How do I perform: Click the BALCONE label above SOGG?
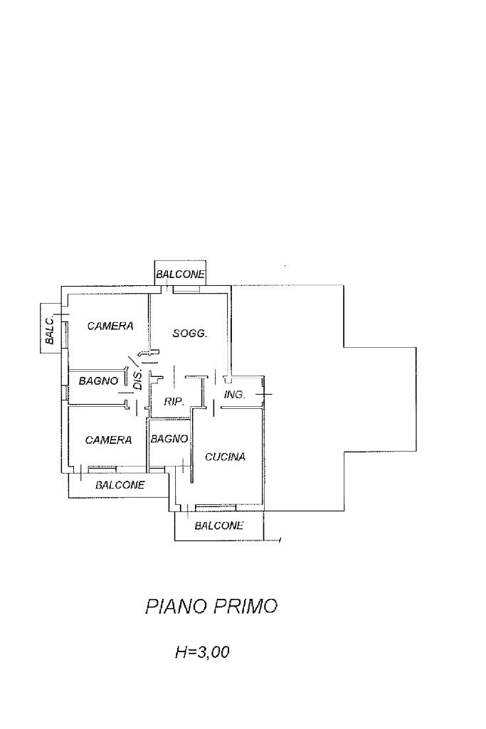point(181,274)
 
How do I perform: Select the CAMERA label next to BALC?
point(110,326)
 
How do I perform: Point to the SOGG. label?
point(190,333)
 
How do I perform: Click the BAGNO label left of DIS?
point(98,381)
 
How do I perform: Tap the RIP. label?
point(174,402)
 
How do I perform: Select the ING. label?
point(235,394)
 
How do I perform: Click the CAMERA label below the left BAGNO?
point(108,440)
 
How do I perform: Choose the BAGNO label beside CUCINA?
point(169,439)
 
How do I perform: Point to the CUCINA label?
point(225,457)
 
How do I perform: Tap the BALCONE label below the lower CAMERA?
point(120,485)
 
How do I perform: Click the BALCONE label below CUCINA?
point(218,526)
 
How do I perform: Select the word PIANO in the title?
point(175,607)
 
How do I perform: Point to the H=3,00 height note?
point(202,651)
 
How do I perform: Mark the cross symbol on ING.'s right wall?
point(265,393)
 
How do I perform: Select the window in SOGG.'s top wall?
point(187,288)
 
